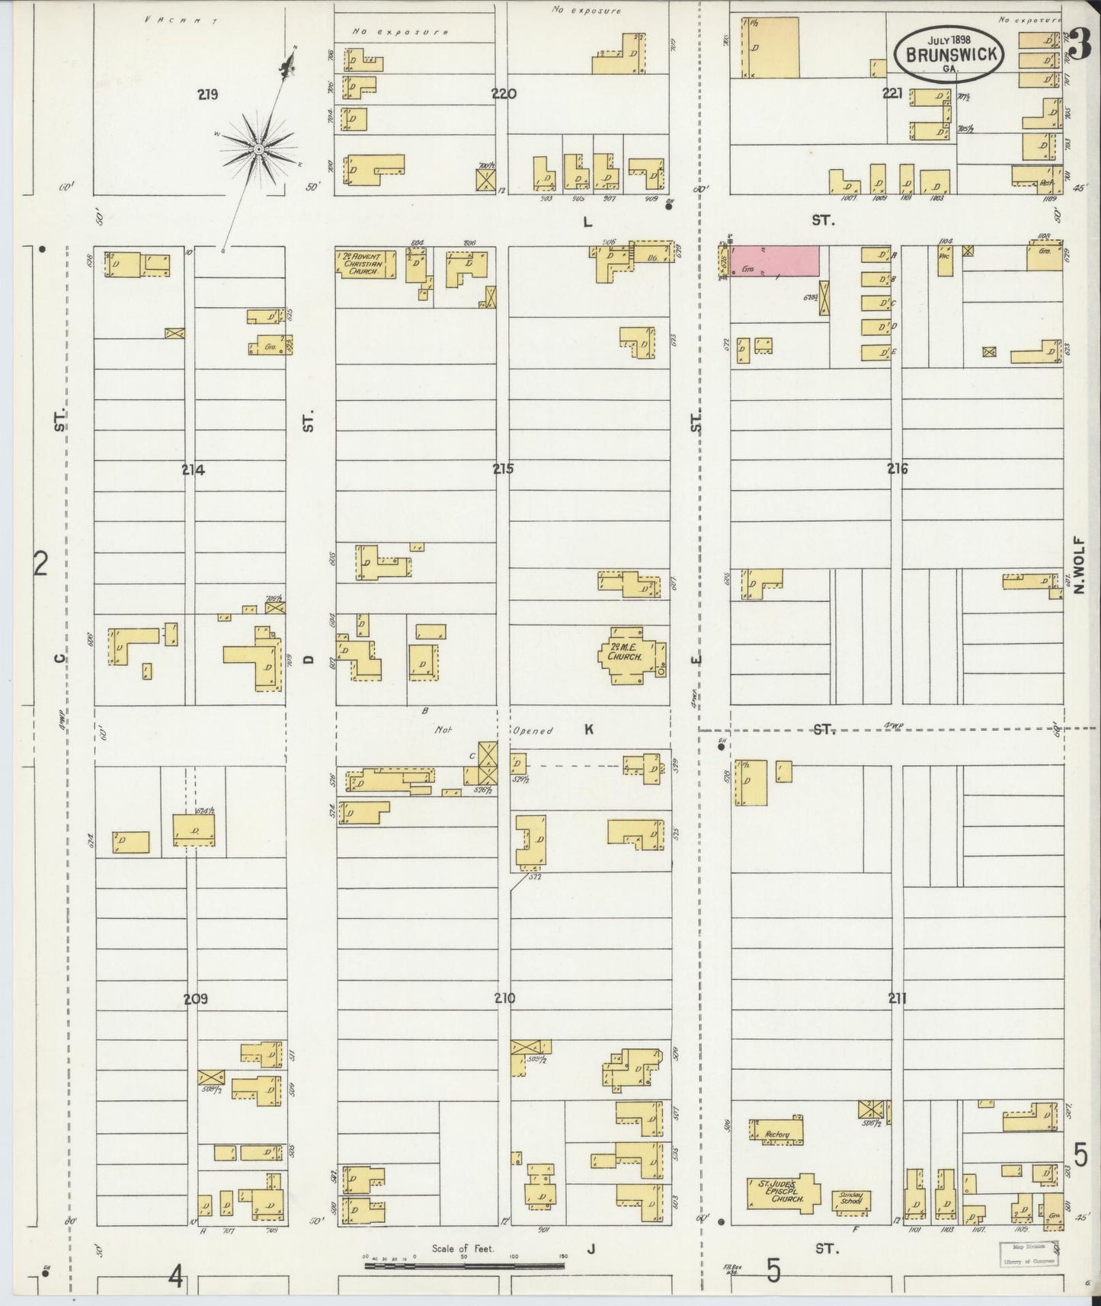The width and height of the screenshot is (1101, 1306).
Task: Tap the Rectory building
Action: click(777, 1134)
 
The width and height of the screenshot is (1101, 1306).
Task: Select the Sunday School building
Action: click(850, 1201)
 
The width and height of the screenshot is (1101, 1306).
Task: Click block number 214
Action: click(193, 470)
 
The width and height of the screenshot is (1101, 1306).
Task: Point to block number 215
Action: click(502, 469)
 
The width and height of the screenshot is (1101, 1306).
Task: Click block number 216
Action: click(897, 469)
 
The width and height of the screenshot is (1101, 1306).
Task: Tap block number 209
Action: click(196, 999)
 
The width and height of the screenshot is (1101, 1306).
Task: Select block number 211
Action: click(897, 998)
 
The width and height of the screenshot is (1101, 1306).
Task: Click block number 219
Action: click(207, 95)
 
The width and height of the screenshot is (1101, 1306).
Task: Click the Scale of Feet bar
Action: click(465, 1266)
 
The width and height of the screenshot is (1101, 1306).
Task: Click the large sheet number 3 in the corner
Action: click(1077, 46)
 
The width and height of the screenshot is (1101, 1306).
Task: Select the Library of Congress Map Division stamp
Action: click(1029, 1253)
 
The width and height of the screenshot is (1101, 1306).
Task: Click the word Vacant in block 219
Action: click(181, 21)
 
